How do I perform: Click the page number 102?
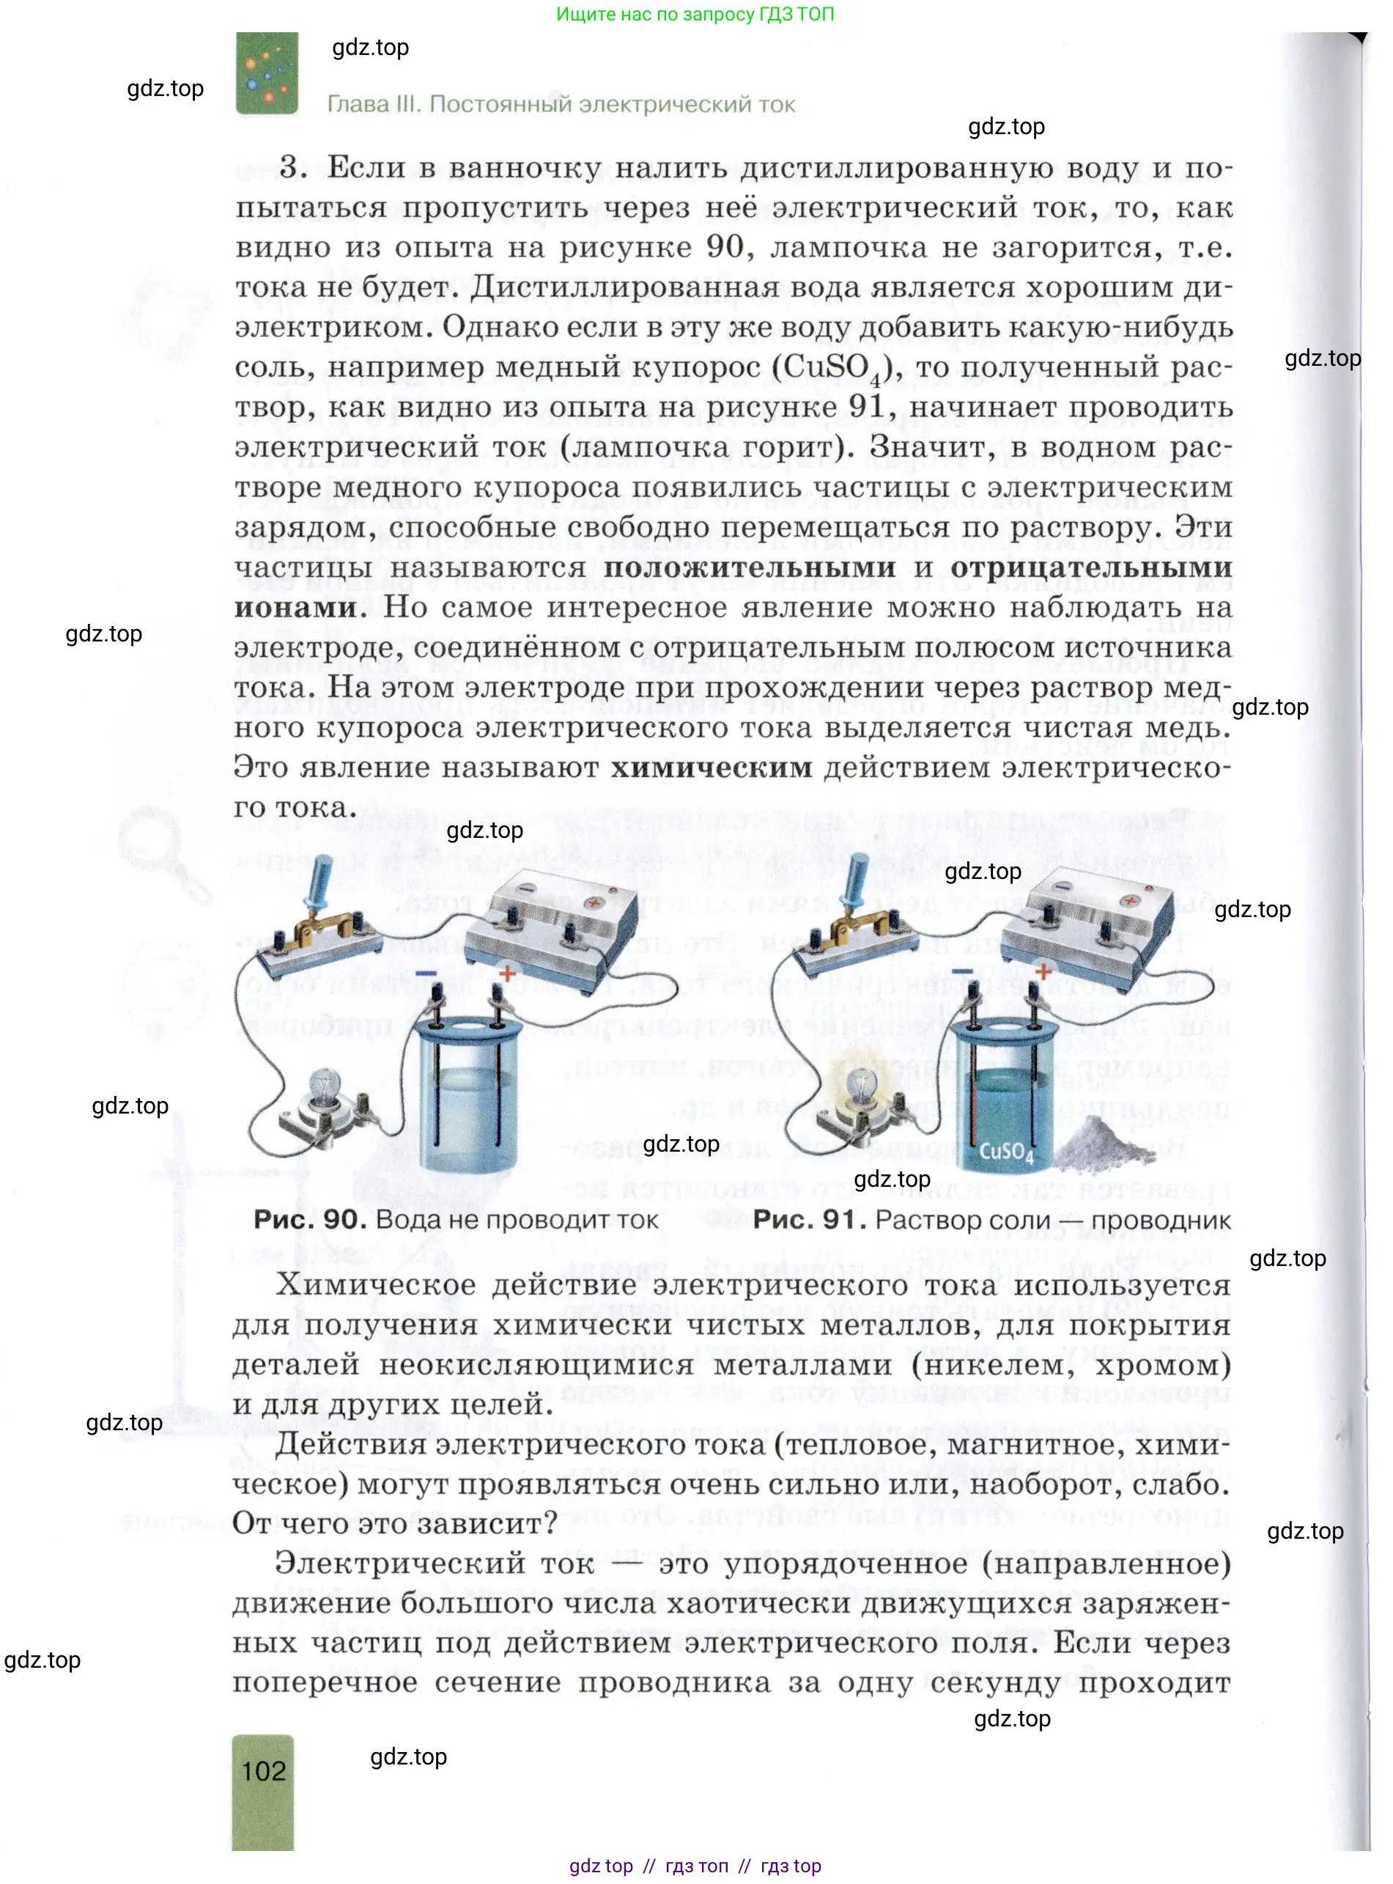pyautogui.click(x=263, y=1770)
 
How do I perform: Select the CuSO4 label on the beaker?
pyautogui.click(x=1005, y=1152)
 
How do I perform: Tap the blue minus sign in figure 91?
pyautogui.click(x=961, y=971)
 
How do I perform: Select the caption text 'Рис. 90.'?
pyautogui.click(x=308, y=1219)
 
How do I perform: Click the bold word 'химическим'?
pyautogui.click(x=711, y=768)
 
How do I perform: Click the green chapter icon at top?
pyautogui.click(x=267, y=73)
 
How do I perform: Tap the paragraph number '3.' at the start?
pyautogui.click(x=293, y=167)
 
